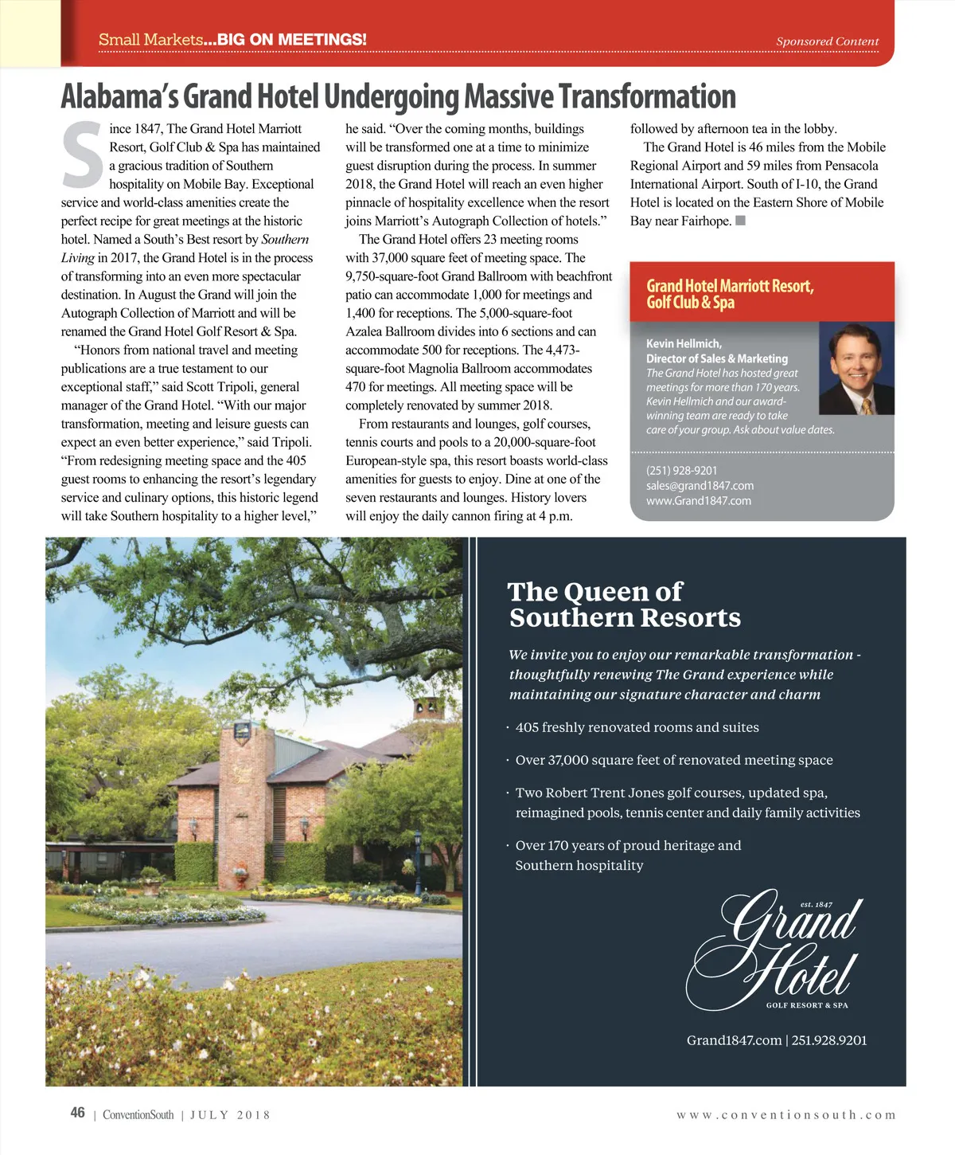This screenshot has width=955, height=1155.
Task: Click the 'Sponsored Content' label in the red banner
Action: pos(827,41)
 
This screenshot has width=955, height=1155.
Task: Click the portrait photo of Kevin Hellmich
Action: pos(856,368)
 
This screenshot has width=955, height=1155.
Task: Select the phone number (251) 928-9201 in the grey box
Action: pos(681,471)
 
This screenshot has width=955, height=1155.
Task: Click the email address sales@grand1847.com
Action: pos(700,486)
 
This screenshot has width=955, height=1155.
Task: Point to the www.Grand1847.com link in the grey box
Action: pos(698,501)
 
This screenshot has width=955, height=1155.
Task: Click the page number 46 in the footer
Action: pos(77,1113)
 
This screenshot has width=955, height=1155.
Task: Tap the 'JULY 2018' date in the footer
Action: pos(230,1115)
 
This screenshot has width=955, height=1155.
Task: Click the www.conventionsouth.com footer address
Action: pos(785,1115)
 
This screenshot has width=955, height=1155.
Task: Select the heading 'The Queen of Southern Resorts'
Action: pos(624,605)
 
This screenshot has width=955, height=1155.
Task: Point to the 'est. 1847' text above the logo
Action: pos(816,905)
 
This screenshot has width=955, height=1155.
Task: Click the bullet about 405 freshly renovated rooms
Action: pos(637,727)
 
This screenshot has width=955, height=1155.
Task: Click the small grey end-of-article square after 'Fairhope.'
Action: pos(740,221)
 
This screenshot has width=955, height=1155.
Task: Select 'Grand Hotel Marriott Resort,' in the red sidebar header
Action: pos(730,286)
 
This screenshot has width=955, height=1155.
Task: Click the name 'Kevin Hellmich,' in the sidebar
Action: pos(684,344)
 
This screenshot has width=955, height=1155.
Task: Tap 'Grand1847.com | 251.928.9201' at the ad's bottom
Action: pos(776,1040)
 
